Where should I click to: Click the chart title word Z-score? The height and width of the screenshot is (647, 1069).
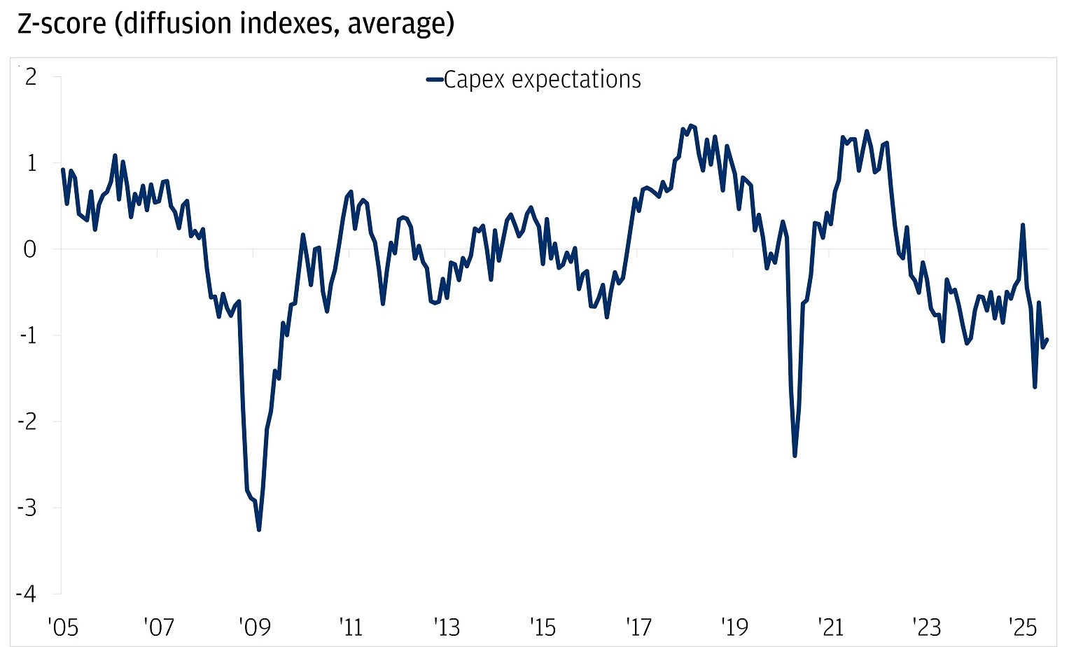coord(62,23)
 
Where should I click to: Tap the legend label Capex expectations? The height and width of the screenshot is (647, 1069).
coord(542,79)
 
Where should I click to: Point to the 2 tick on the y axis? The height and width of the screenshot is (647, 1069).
coord(30,76)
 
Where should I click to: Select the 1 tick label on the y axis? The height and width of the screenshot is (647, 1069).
coord(30,162)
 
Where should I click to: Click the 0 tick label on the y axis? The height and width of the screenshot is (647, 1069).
coord(29,249)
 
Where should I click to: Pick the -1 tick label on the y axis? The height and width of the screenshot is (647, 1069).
coord(27,335)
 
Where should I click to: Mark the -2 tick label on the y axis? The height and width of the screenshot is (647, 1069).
coord(27,422)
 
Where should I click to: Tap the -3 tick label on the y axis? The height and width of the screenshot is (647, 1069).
coord(27,508)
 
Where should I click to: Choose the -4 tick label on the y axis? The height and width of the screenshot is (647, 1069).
coord(27,594)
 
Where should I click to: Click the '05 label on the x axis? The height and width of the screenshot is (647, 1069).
coord(63,626)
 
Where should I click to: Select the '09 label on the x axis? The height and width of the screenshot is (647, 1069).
coord(255,626)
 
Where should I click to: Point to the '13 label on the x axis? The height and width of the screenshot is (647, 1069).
coord(447,626)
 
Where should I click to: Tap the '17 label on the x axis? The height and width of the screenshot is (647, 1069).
coord(638,626)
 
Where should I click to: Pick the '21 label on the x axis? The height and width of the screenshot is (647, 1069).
coord(830,626)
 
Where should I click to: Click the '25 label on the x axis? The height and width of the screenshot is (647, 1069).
coord(1022,626)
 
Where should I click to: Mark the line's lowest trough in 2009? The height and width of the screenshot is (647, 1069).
coord(259,530)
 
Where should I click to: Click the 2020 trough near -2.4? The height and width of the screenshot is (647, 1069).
coord(795,456)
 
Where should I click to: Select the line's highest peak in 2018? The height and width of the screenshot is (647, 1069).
coord(691,125)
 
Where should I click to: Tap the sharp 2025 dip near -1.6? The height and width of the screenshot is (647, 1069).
coord(1035,387)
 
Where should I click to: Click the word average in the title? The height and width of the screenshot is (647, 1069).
coord(396,23)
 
